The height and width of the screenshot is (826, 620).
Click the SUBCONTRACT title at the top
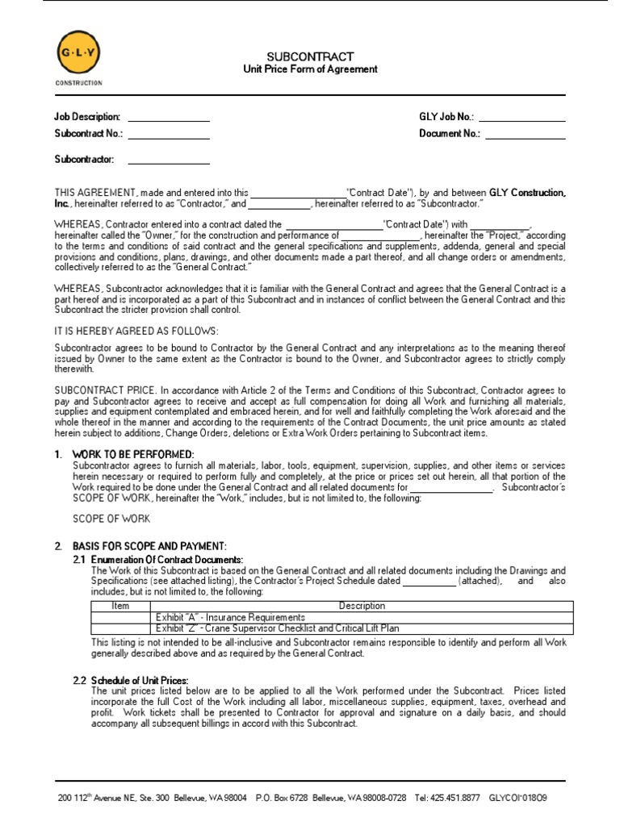[310, 56]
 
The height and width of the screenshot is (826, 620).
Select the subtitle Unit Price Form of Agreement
[310, 69]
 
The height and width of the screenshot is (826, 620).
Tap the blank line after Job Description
[168, 119]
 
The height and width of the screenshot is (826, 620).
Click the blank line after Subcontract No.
[168, 135]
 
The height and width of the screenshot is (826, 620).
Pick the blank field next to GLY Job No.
[522, 119]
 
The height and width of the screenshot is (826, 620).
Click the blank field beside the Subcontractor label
[168, 161]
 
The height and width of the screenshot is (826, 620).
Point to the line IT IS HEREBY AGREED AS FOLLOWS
[136, 332]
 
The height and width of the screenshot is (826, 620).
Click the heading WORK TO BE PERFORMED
[133, 454]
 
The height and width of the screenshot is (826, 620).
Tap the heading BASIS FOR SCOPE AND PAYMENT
[149, 546]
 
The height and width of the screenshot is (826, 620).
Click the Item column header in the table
[119, 606]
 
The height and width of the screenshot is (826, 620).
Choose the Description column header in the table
[362, 606]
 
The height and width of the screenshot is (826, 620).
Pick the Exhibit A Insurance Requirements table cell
[230, 617]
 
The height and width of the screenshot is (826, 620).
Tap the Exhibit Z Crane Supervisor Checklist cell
[277, 628]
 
